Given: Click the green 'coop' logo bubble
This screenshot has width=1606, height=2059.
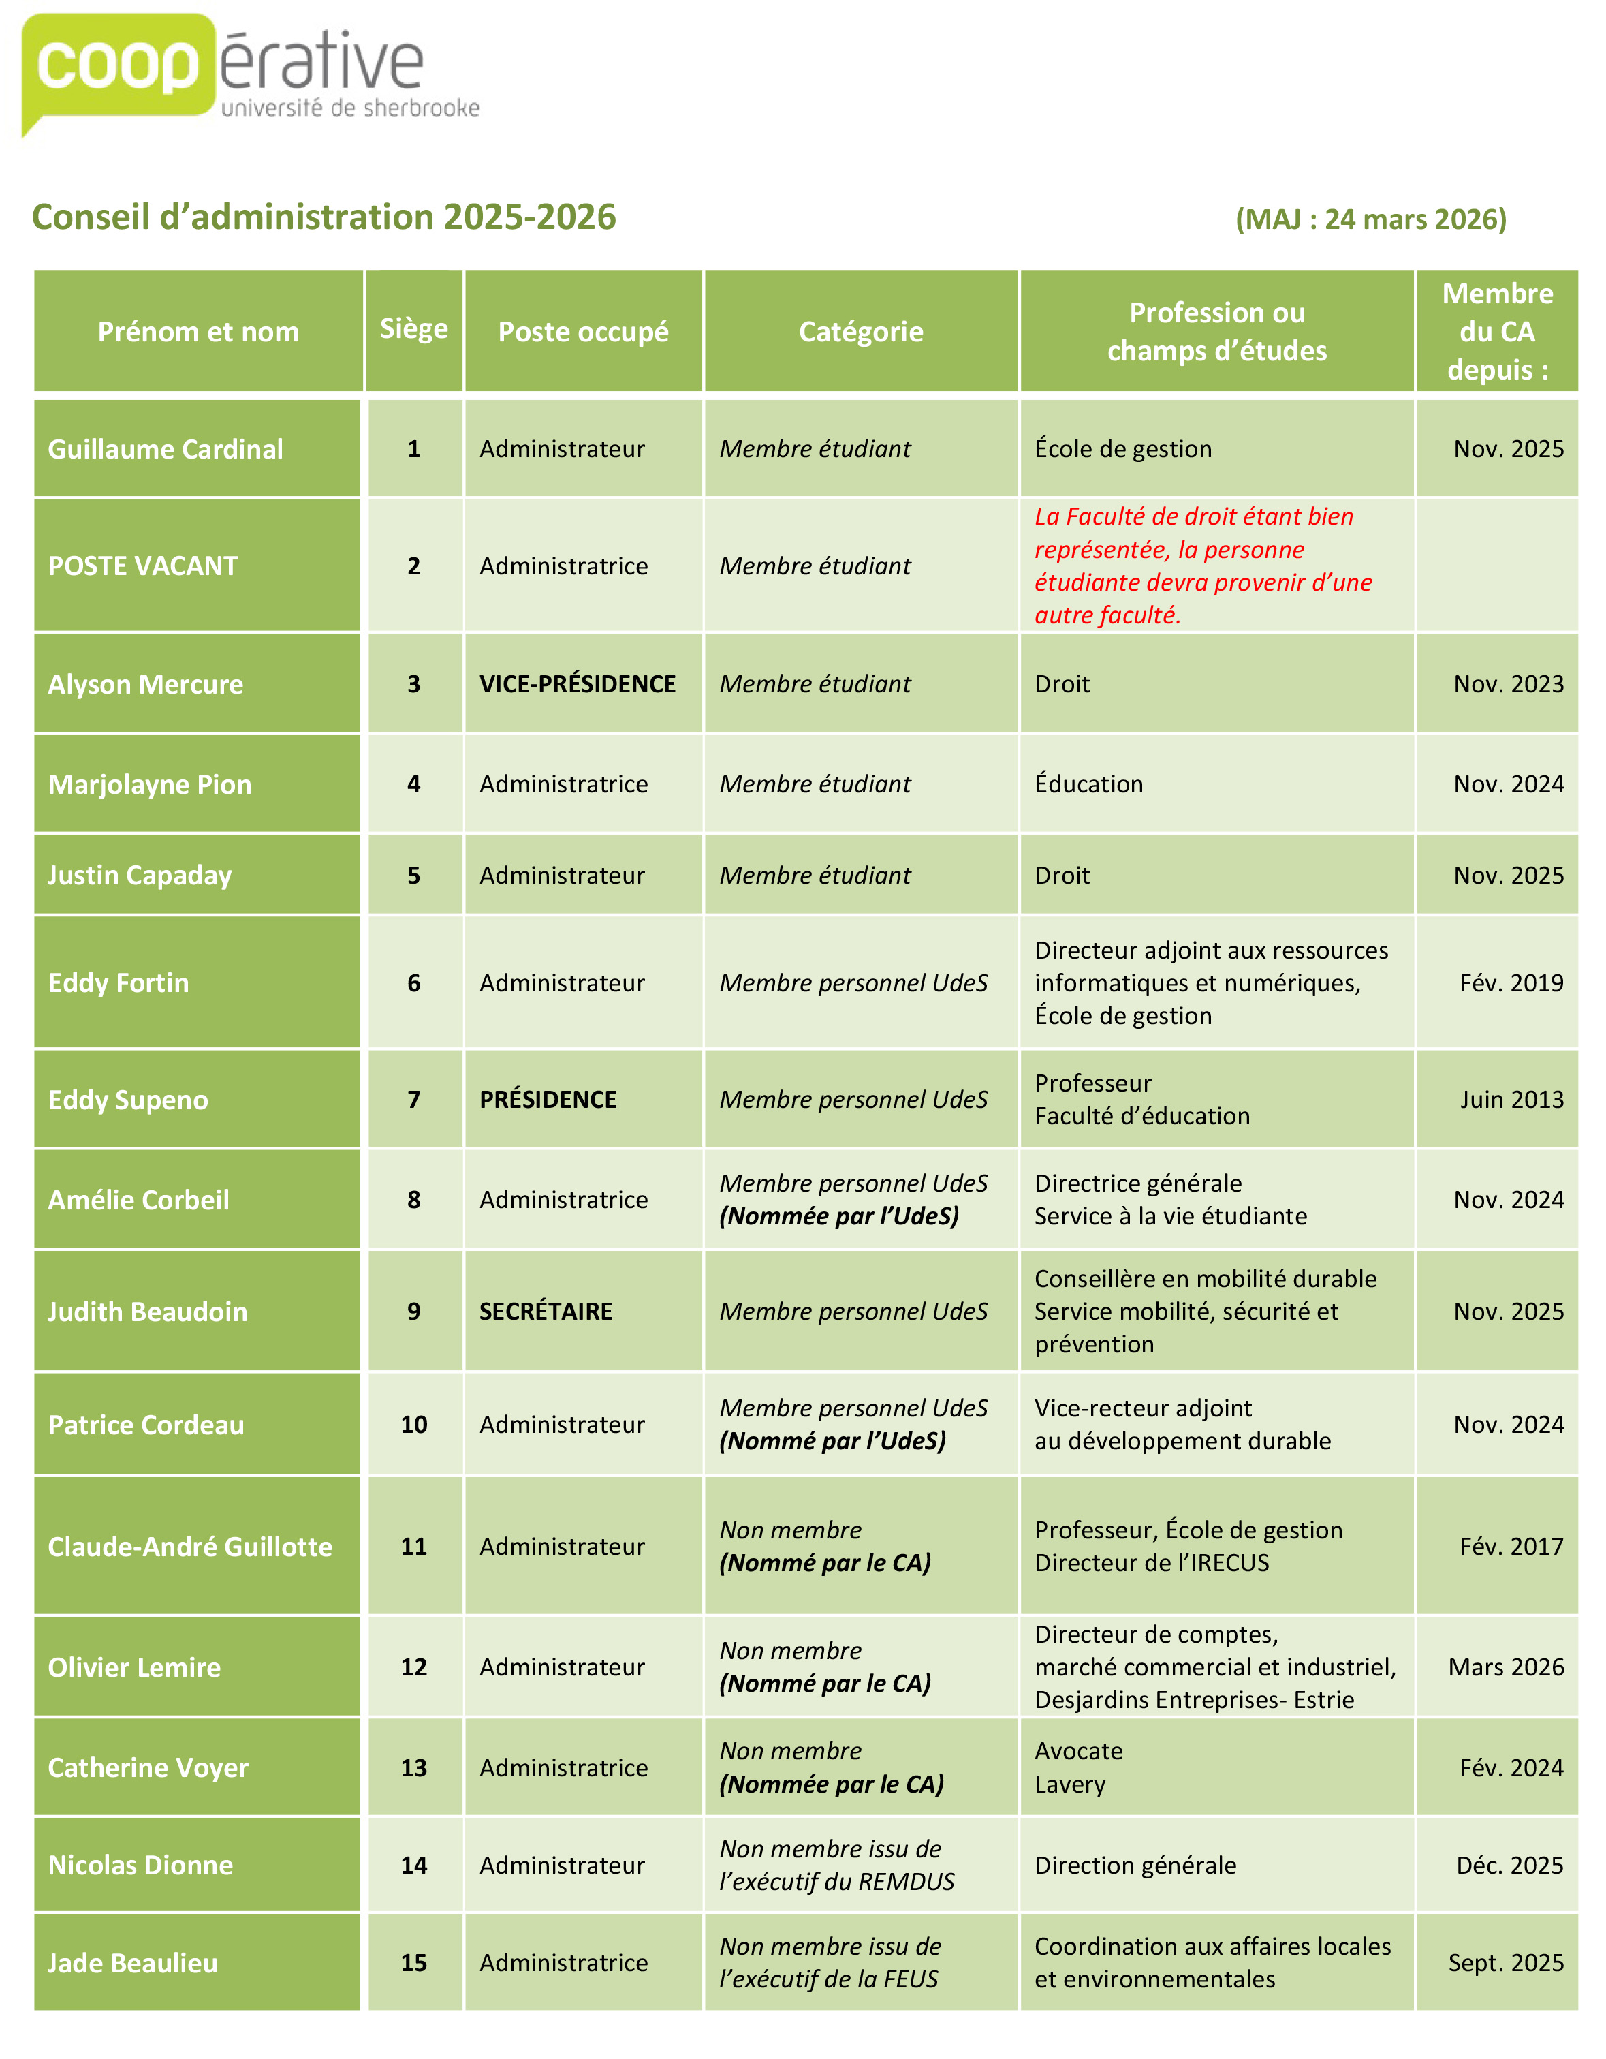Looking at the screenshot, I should pos(118,66).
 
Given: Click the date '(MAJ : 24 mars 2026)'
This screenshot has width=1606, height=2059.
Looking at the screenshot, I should pos(1370,219).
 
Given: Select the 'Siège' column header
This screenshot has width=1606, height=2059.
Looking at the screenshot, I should pos(413,328).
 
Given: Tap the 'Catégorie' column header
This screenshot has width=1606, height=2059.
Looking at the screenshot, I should pos(860,332).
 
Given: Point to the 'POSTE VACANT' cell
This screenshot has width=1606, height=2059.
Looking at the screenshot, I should pos(143,566).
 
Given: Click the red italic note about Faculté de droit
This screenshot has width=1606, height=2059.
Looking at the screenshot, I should pos(1203,566).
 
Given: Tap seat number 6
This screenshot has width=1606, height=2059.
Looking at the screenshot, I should pos(413,983).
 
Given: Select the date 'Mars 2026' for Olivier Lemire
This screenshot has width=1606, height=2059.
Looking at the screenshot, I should pos(1505,1667).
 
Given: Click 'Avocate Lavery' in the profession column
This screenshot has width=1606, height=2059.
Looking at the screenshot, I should pos(1079,1767).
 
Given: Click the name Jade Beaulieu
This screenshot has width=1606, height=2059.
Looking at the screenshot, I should pos(133,1963).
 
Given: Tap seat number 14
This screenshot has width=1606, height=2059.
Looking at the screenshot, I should pos(413,1865).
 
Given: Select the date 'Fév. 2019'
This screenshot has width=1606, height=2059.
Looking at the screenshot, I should pos(1511,983).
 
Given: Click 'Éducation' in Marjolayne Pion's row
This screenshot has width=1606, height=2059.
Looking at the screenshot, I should pos(1088,784).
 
